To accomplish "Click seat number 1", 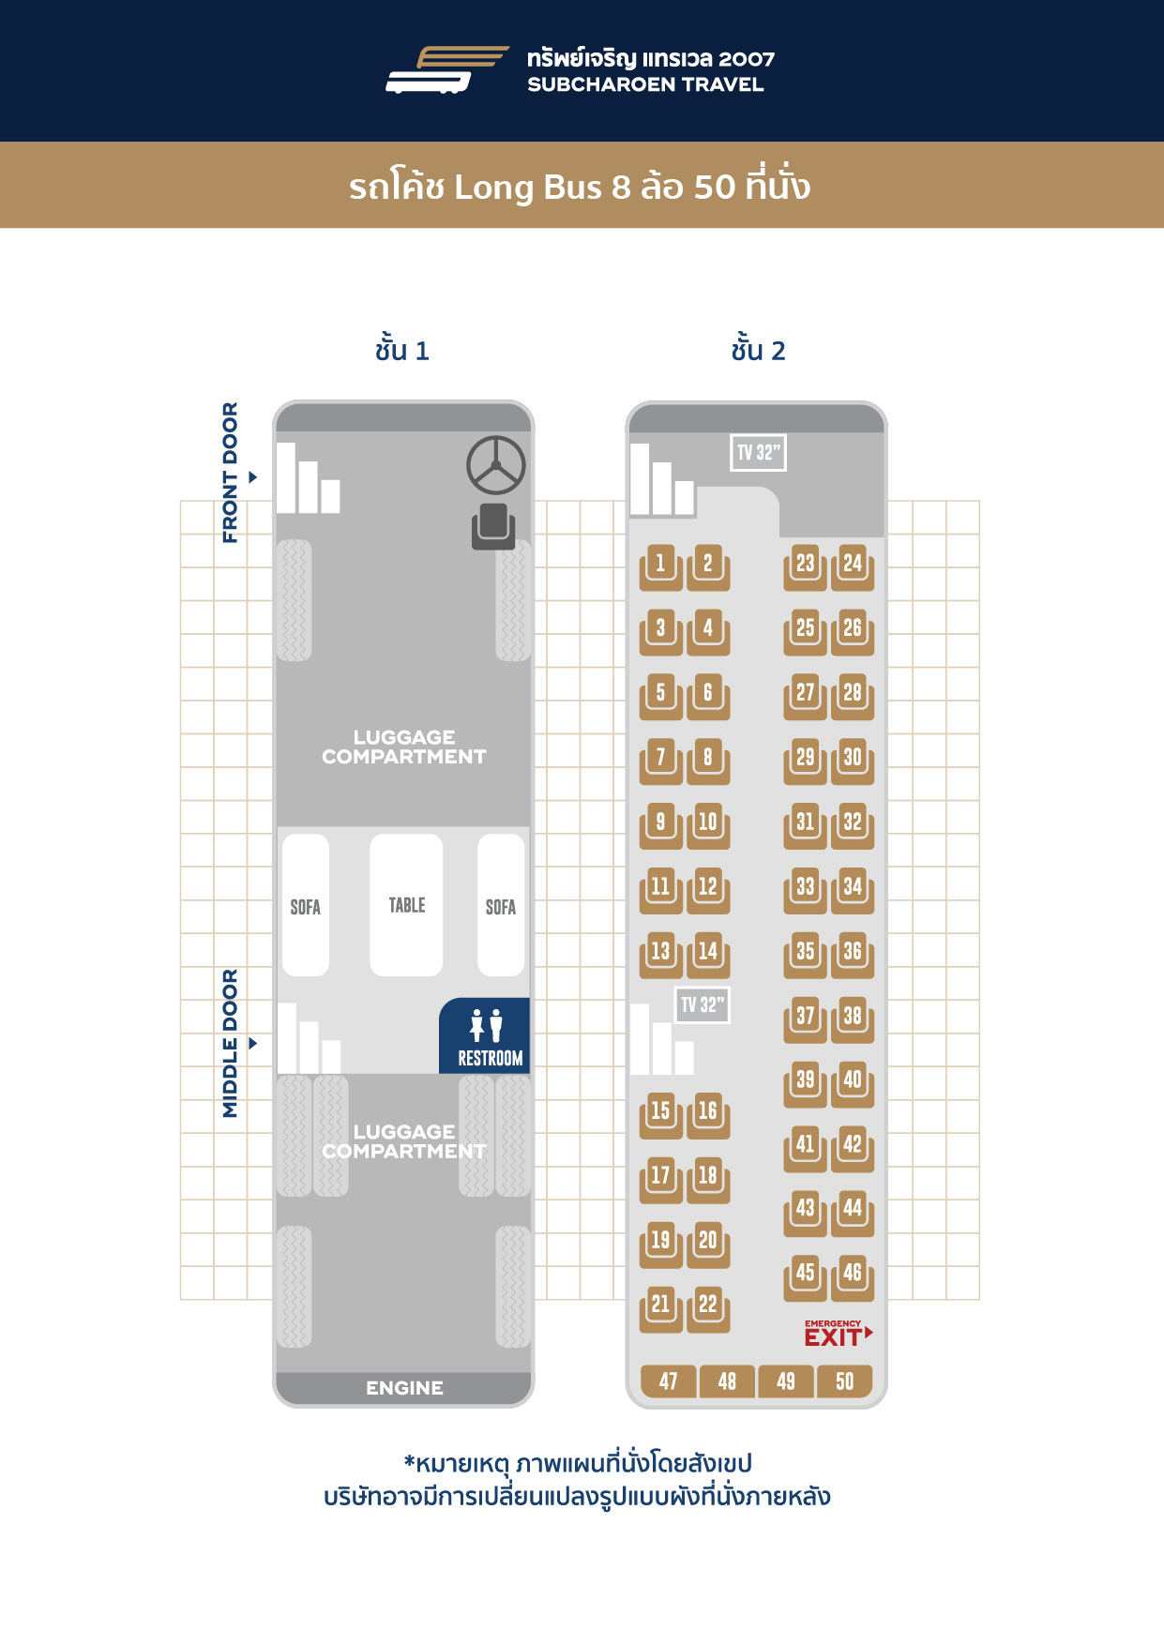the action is coord(661,567).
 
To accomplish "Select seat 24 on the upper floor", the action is coord(853,567).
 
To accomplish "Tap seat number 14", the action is coord(708,955).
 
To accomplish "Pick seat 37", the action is coord(806,1019).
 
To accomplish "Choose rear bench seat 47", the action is coord(669,1381).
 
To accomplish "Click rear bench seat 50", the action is coord(845,1381).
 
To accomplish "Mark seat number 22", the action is coord(708,1308).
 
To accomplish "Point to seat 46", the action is coord(853,1277).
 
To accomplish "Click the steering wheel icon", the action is coord(496,465).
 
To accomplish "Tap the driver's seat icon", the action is coord(493,526).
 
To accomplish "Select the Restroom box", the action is coord(485,1035).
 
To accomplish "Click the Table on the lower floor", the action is coord(406,905).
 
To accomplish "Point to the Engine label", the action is coord(404,1388).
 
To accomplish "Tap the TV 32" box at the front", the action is coord(758,453).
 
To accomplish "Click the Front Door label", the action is coord(231,473).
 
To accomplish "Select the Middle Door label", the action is coord(231,1043).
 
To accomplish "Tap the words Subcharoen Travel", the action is coord(645,84).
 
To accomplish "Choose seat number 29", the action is coord(806,762).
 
